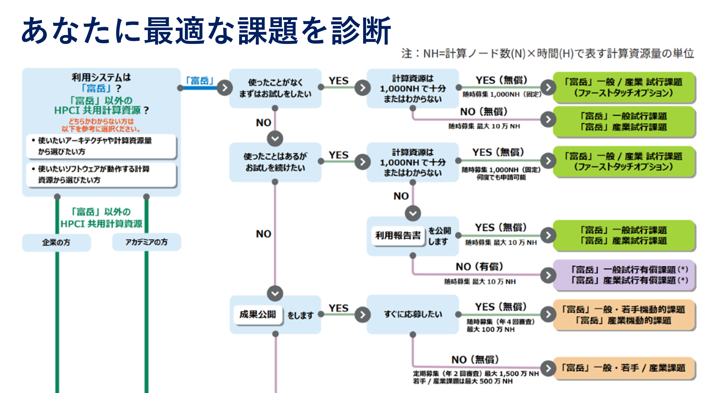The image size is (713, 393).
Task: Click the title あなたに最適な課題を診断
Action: tap(206, 31)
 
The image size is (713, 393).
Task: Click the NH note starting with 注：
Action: tap(547, 53)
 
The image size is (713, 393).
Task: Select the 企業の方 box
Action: tap(56, 242)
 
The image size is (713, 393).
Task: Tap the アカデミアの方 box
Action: tap(146, 242)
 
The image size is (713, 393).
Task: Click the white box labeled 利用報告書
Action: tap(398, 236)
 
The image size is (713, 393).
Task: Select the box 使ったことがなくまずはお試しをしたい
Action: tap(275, 88)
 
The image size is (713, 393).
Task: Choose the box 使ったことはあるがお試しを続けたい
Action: tap(275, 162)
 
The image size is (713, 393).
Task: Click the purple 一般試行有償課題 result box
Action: tap(624, 275)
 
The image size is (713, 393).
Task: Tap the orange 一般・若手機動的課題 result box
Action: tap(624, 315)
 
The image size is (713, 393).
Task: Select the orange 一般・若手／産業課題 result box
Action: tap(624, 368)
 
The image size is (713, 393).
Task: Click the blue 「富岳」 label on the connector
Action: tap(199, 81)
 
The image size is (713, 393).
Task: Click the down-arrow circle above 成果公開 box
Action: tap(275, 293)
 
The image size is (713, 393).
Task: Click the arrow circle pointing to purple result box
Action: tap(548, 275)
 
